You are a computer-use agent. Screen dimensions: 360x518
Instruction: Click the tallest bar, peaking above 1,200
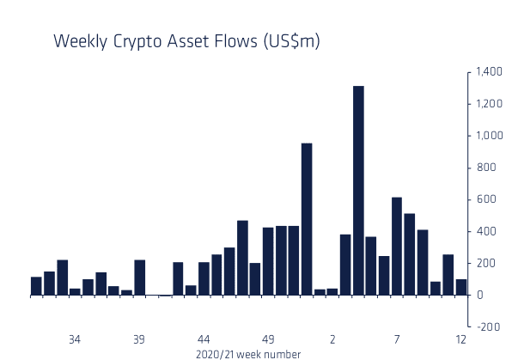pyautogui.click(x=358, y=191)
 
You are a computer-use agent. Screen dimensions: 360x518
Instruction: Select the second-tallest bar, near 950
pyautogui.click(x=307, y=219)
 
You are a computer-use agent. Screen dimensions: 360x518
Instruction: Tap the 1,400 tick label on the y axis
pyautogui.click(x=484, y=72)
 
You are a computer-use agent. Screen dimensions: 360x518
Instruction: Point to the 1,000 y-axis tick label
pyautogui.click(x=484, y=136)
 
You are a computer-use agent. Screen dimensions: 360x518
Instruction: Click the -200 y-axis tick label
pyautogui.click(x=486, y=327)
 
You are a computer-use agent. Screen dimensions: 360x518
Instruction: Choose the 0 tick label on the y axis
pyautogui.click(x=479, y=296)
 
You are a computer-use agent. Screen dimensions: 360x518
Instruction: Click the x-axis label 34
pyautogui.click(x=75, y=339)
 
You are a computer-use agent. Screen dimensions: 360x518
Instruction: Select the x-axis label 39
pyautogui.click(x=139, y=339)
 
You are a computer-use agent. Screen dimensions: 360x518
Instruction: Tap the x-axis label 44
pyautogui.click(x=204, y=339)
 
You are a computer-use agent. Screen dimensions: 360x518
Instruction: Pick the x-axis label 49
pyautogui.click(x=268, y=339)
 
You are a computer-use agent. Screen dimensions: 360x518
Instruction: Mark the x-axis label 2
pyautogui.click(x=332, y=339)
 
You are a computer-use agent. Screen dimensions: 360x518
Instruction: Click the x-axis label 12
pyautogui.click(x=461, y=339)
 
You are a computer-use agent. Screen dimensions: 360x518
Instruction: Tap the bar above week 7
pyautogui.click(x=397, y=247)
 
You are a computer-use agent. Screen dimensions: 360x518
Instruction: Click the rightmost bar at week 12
pyautogui.click(x=461, y=287)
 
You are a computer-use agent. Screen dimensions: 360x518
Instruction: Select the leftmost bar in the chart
pyautogui.click(x=36, y=286)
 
